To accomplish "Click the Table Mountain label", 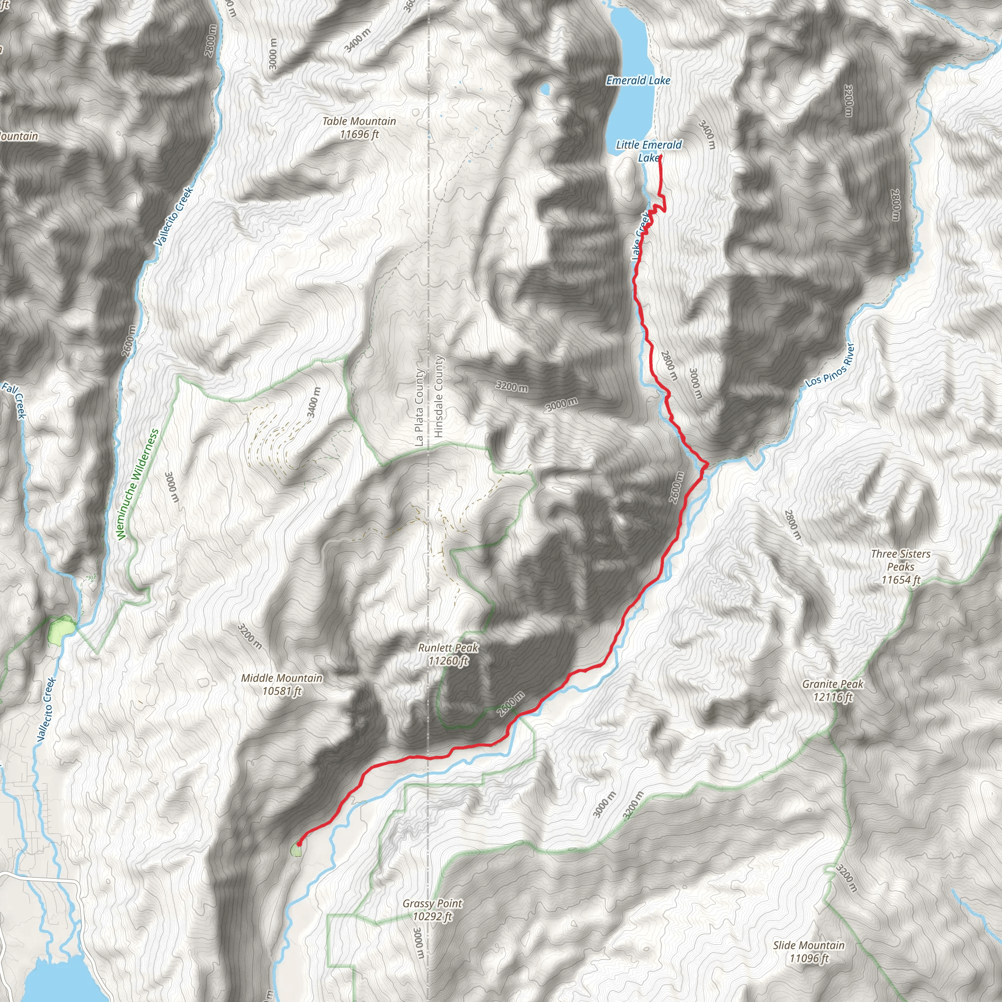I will pyautogui.click(x=359, y=121).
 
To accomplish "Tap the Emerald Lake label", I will pyautogui.click(x=638, y=80).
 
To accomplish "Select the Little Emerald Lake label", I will pyautogui.click(x=649, y=151).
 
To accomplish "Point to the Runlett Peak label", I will pyautogui.click(x=448, y=648).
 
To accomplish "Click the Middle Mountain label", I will pyautogui.click(x=282, y=678).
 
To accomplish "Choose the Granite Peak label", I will pyautogui.click(x=832, y=684).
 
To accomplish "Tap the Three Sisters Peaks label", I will pyautogui.click(x=900, y=560).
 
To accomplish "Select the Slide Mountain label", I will pyautogui.click(x=809, y=945).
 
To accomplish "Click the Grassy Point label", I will pyautogui.click(x=432, y=903).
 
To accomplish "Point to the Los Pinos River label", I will pyautogui.click(x=830, y=364).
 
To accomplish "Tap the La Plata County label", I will pyautogui.click(x=419, y=407).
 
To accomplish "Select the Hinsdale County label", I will pyautogui.click(x=439, y=396).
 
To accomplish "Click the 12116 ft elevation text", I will pyautogui.click(x=833, y=697).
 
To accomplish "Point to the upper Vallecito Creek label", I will pyautogui.click(x=174, y=216).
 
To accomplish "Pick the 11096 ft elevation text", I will pyautogui.click(x=809, y=958).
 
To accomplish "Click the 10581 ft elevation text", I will pyautogui.click(x=282, y=691).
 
